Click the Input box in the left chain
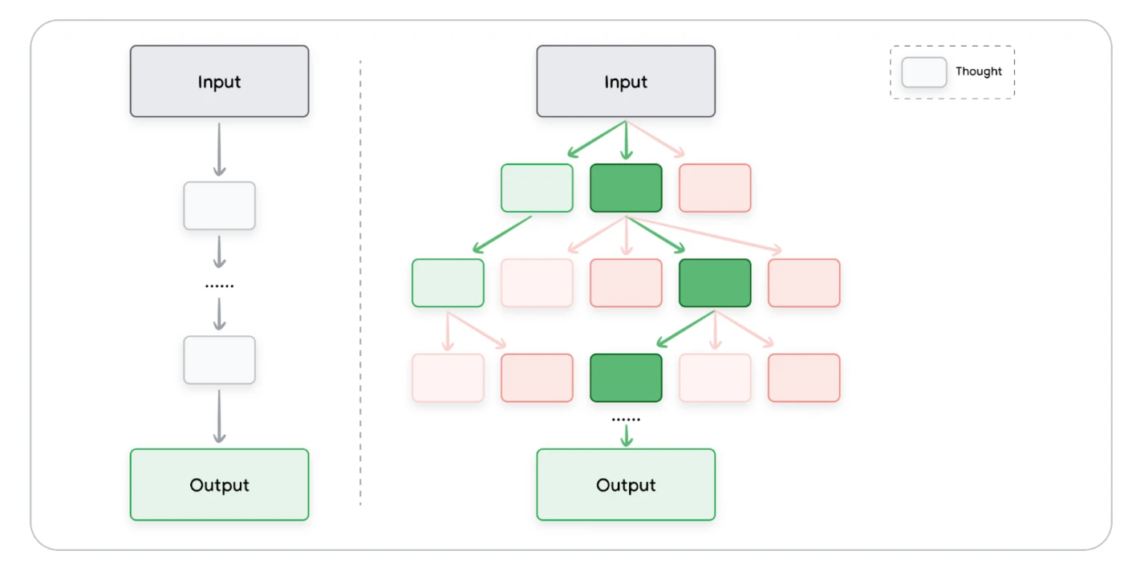pyautogui.click(x=220, y=81)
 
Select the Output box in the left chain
pyautogui.click(x=220, y=484)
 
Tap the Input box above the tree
pyautogui.click(x=626, y=81)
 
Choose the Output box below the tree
pyautogui.click(x=626, y=484)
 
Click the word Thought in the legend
pyautogui.click(x=979, y=71)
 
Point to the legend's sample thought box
pyautogui.click(x=924, y=72)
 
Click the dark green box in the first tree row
pyautogui.click(x=626, y=188)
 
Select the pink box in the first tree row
pyautogui.click(x=715, y=188)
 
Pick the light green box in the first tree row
pyautogui.click(x=537, y=188)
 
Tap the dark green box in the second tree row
pyautogui.click(x=715, y=283)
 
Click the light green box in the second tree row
pyautogui.click(x=448, y=283)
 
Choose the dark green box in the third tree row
pyautogui.click(x=626, y=378)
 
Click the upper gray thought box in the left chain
pyautogui.click(x=220, y=206)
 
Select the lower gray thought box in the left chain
pyautogui.click(x=220, y=360)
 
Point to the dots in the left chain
pyautogui.click(x=220, y=286)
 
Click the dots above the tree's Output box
pyautogui.click(x=626, y=419)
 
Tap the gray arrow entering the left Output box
pyautogui.click(x=220, y=417)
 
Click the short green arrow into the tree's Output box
pyautogui.click(x=627, y=435)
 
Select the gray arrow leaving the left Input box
pyautogui.click(x=220, y=150)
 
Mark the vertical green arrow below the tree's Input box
pyautogui.click(x=627, y=140)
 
